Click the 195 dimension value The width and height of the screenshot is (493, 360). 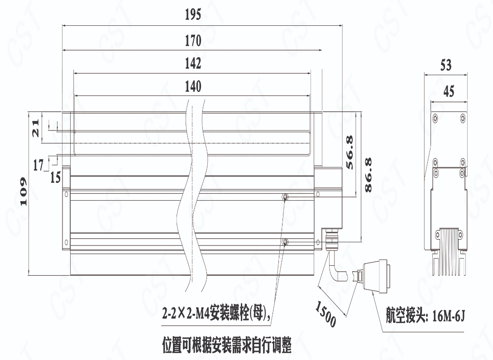pos(193,15)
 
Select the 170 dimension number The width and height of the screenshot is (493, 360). pos(193,40)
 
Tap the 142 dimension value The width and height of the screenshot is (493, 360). pos(193,63)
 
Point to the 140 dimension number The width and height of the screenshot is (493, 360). pos(193,86)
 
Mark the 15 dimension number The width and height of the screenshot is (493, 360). pos(55,177)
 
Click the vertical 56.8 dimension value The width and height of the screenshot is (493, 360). pos(349,152)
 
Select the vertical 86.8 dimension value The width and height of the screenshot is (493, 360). pos(368,174)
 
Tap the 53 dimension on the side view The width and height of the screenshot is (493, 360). pos(446,65)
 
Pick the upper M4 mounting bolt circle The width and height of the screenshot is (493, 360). pos(285,197)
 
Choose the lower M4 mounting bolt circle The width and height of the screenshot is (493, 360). pos(285,243)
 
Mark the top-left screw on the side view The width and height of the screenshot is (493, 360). pos(435,118)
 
